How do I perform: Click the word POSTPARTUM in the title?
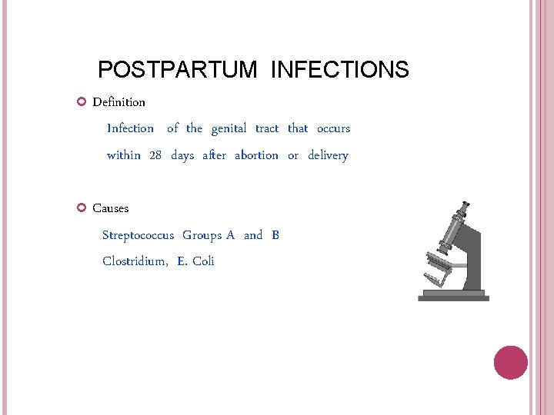(178, 70)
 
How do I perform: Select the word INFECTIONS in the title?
(340, 70)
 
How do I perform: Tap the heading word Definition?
(118, 102)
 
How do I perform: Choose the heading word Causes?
(111, 208)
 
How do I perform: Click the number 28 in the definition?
(155, 155)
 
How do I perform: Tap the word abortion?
(256, 155)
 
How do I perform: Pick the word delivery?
(328, 155)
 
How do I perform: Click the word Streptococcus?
(138, 235)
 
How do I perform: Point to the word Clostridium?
(135, 261)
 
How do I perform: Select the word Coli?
(203, 261)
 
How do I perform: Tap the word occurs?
(333, 128)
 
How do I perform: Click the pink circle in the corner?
(510, 363)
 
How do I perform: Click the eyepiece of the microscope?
(465, 206)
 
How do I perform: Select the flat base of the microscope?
(453, 296)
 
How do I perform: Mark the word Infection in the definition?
(130, 128)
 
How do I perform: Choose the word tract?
(267, 128)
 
